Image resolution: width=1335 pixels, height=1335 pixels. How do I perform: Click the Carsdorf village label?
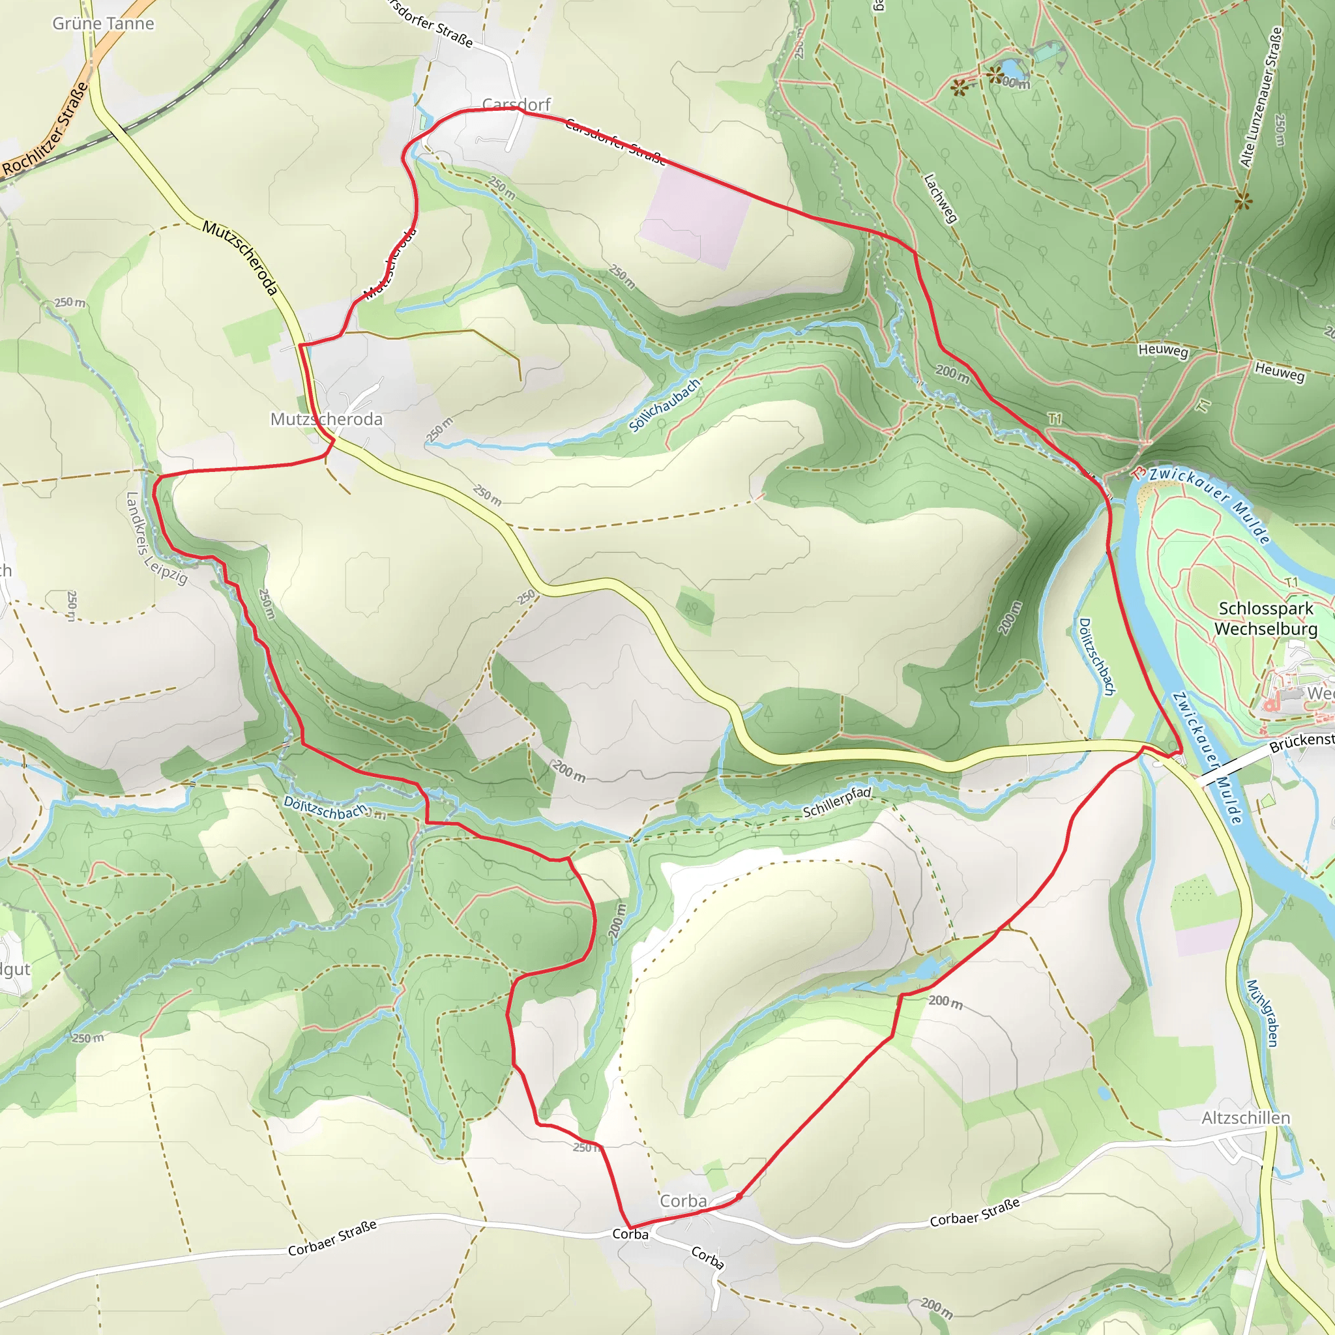[516, 104]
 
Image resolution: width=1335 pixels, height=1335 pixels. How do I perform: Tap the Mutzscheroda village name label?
[326, 419]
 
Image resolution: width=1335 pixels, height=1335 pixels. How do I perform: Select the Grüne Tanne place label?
[104, 23]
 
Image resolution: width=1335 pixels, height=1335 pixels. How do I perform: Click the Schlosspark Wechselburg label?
[1266, 619]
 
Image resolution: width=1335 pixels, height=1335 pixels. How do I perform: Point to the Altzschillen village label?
[1246, 1117]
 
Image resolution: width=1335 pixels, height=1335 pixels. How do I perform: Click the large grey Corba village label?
[683, 1201]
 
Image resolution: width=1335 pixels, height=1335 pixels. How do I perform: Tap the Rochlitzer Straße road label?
[46, 128]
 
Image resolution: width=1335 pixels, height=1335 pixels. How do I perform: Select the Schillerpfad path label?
[837, 802]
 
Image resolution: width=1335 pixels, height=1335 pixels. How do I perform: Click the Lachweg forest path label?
[941, 198]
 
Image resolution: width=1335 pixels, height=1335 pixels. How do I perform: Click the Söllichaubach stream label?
[664, 405]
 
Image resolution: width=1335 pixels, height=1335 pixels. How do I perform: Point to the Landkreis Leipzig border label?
[156, 539]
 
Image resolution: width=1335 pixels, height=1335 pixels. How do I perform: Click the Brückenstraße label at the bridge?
[1301, 743]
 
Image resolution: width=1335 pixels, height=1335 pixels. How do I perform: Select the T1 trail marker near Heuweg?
[1203, 405]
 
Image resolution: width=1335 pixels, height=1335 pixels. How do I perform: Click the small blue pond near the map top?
[1011, 68]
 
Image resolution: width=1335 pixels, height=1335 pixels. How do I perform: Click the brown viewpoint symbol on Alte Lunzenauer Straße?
[1243, 201]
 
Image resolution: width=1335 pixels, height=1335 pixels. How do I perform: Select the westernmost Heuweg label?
[1163, 350]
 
